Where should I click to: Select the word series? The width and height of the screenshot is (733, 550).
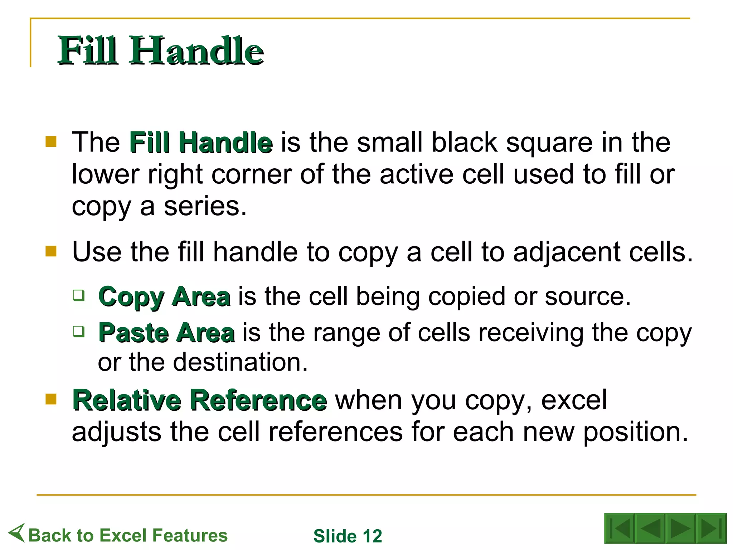(205, 207)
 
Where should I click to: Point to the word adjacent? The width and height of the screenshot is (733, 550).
(567, 252)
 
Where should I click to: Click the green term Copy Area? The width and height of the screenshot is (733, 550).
(164, 297)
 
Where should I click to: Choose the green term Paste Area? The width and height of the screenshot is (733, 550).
(167, 333)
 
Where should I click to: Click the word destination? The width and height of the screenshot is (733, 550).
(240, 362)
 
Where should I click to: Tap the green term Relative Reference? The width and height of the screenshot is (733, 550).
(200, 400)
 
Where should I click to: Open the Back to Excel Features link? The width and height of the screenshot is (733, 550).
(128, 535)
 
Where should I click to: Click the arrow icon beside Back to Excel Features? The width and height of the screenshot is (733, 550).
(17, 532)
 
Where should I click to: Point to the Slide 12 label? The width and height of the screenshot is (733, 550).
(348, 536)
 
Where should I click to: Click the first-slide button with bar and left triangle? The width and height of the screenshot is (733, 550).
(620, 528)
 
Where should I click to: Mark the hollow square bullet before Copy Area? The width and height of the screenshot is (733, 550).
(79, 295)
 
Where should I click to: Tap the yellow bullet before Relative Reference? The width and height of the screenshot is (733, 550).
(51, 399)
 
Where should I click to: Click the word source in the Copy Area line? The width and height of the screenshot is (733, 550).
(587, 297)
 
